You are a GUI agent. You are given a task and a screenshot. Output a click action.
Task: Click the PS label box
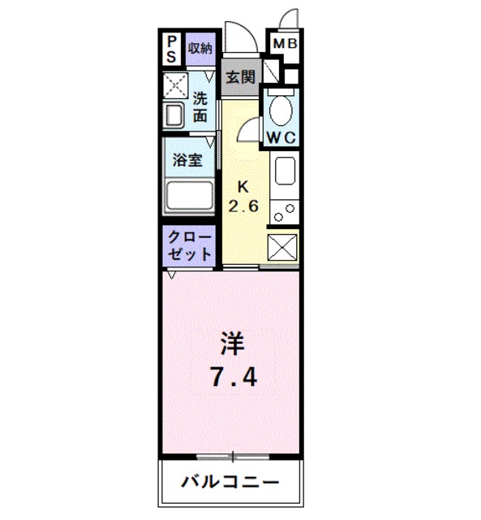pos(172,48)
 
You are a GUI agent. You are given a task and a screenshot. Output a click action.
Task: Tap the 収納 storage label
pos(200,47)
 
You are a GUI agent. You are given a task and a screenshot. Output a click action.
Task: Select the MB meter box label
pos(284,43)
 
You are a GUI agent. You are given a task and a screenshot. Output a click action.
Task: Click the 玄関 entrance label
pos(240,78)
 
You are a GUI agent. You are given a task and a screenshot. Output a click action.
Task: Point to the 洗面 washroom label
pos(200,107)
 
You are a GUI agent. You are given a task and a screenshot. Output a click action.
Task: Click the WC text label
pos(282,137)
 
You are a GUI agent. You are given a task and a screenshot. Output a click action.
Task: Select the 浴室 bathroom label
pos(189,160)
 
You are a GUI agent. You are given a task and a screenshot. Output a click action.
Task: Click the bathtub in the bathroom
pos(189,197)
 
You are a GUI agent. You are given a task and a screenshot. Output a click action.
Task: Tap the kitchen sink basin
pos(286,172)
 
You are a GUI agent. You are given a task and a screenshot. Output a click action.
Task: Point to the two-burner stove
pos(285,212)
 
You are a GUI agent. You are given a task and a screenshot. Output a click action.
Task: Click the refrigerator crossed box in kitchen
pos(283,248)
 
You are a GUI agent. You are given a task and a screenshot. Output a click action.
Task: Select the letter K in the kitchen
pos(243,185)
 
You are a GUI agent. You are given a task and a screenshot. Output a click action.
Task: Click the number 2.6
pos(243,206)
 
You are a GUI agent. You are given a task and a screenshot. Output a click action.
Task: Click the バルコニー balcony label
pos(230,482)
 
